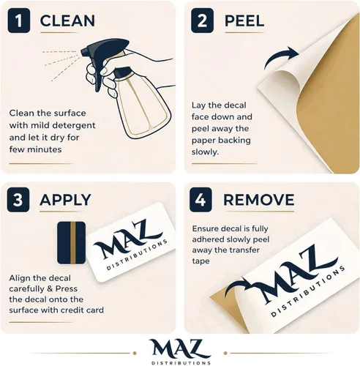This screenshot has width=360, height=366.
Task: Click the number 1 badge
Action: click(19, 20)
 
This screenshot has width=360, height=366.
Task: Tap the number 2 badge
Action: click(202, 20)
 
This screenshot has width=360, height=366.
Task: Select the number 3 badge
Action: click(18, 200)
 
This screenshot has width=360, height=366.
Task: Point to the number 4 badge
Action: click(200, 200)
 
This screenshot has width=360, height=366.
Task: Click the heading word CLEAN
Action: click(67, 20)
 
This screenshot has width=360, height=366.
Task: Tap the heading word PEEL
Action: click(244, 20)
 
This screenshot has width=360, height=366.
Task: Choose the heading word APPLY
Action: click(65, 200)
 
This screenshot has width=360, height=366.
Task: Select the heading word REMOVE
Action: click(259, 200)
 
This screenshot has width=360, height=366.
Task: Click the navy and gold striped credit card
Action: click(72, 243)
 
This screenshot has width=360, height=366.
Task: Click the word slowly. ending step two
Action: click(205, 152)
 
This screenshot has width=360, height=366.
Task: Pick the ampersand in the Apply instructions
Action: click(50, 289)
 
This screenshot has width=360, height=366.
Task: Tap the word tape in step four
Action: click(200, 261)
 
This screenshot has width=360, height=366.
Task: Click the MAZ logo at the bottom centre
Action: click(181, 352)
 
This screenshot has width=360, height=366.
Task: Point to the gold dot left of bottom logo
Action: click(135, 353)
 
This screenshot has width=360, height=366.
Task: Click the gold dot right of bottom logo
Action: click(225, 353)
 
